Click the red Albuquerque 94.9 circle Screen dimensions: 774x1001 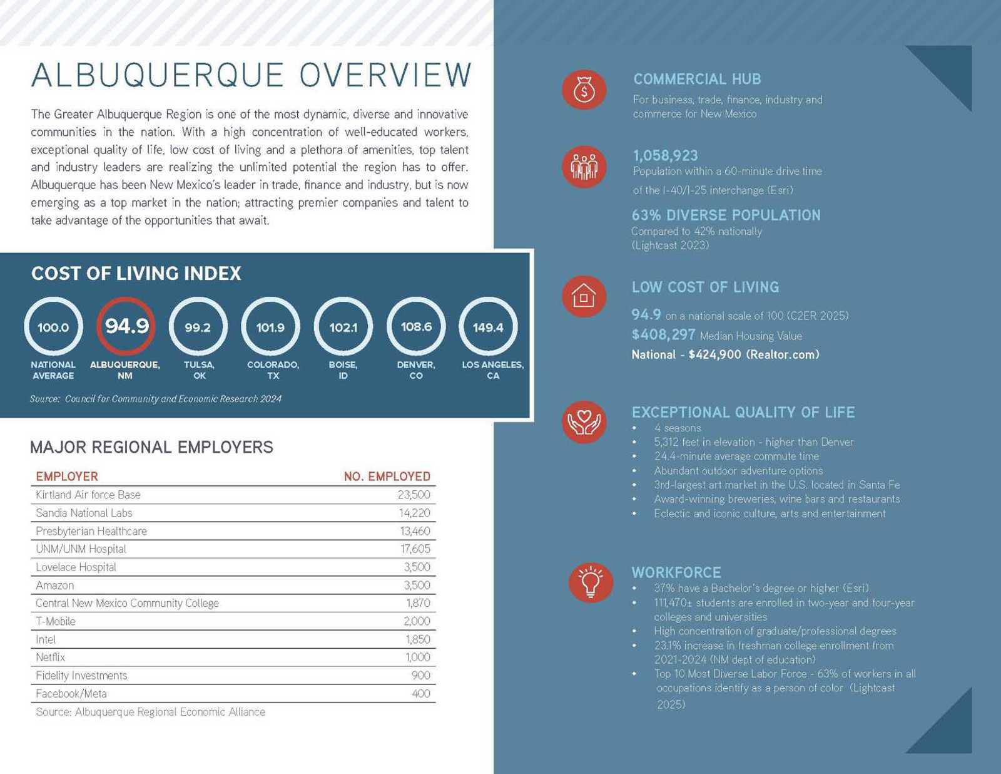(x=126, y=326)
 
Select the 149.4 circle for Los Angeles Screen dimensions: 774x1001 (x=488, y=327)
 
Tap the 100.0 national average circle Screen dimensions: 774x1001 (x=53, y=327)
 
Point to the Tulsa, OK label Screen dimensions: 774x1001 (x=199, y=370)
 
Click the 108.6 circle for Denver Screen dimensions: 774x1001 (x=416, y=327)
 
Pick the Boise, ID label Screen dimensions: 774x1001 (x=343, y=370)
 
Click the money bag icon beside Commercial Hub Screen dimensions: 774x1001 (x=584, y=90)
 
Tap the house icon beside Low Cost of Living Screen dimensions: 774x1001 (x=584, y=296)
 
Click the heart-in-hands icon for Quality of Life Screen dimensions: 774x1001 (x=584, y=421)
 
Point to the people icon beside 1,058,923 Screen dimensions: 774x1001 (x=584, y=167)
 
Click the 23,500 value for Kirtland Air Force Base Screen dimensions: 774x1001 (x=414, y=495)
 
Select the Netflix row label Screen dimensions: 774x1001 (x=51, y=658)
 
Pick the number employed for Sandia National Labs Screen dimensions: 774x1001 (x=414, y=513)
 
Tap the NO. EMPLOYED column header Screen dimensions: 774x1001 (x=387, y=477)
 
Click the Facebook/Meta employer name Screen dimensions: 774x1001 (x=71, y=694)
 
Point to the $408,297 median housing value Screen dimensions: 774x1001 (x=663, y=335)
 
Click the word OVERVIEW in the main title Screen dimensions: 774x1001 (x=385, y=76)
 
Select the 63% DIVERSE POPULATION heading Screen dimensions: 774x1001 (x=726, y=215)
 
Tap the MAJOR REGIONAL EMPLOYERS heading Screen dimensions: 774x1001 (x=151, y=447)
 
